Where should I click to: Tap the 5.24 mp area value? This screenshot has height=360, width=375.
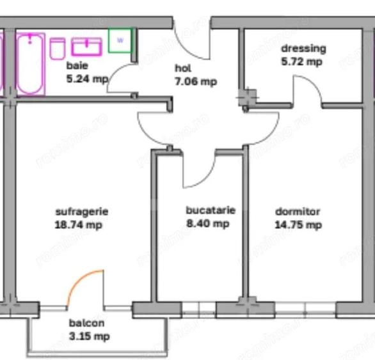pos(87,79)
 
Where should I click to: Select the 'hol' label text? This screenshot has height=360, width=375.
pos(183,68)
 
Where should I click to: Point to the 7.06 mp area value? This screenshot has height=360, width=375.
pos(195,81)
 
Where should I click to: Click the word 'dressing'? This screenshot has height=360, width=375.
pos(303,49)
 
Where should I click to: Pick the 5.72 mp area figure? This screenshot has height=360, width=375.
pos(301,62)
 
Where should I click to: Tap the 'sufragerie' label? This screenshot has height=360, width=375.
pos(81,211)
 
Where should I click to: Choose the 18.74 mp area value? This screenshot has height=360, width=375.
pos(79,224)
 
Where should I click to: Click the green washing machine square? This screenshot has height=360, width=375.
pos(120,40)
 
